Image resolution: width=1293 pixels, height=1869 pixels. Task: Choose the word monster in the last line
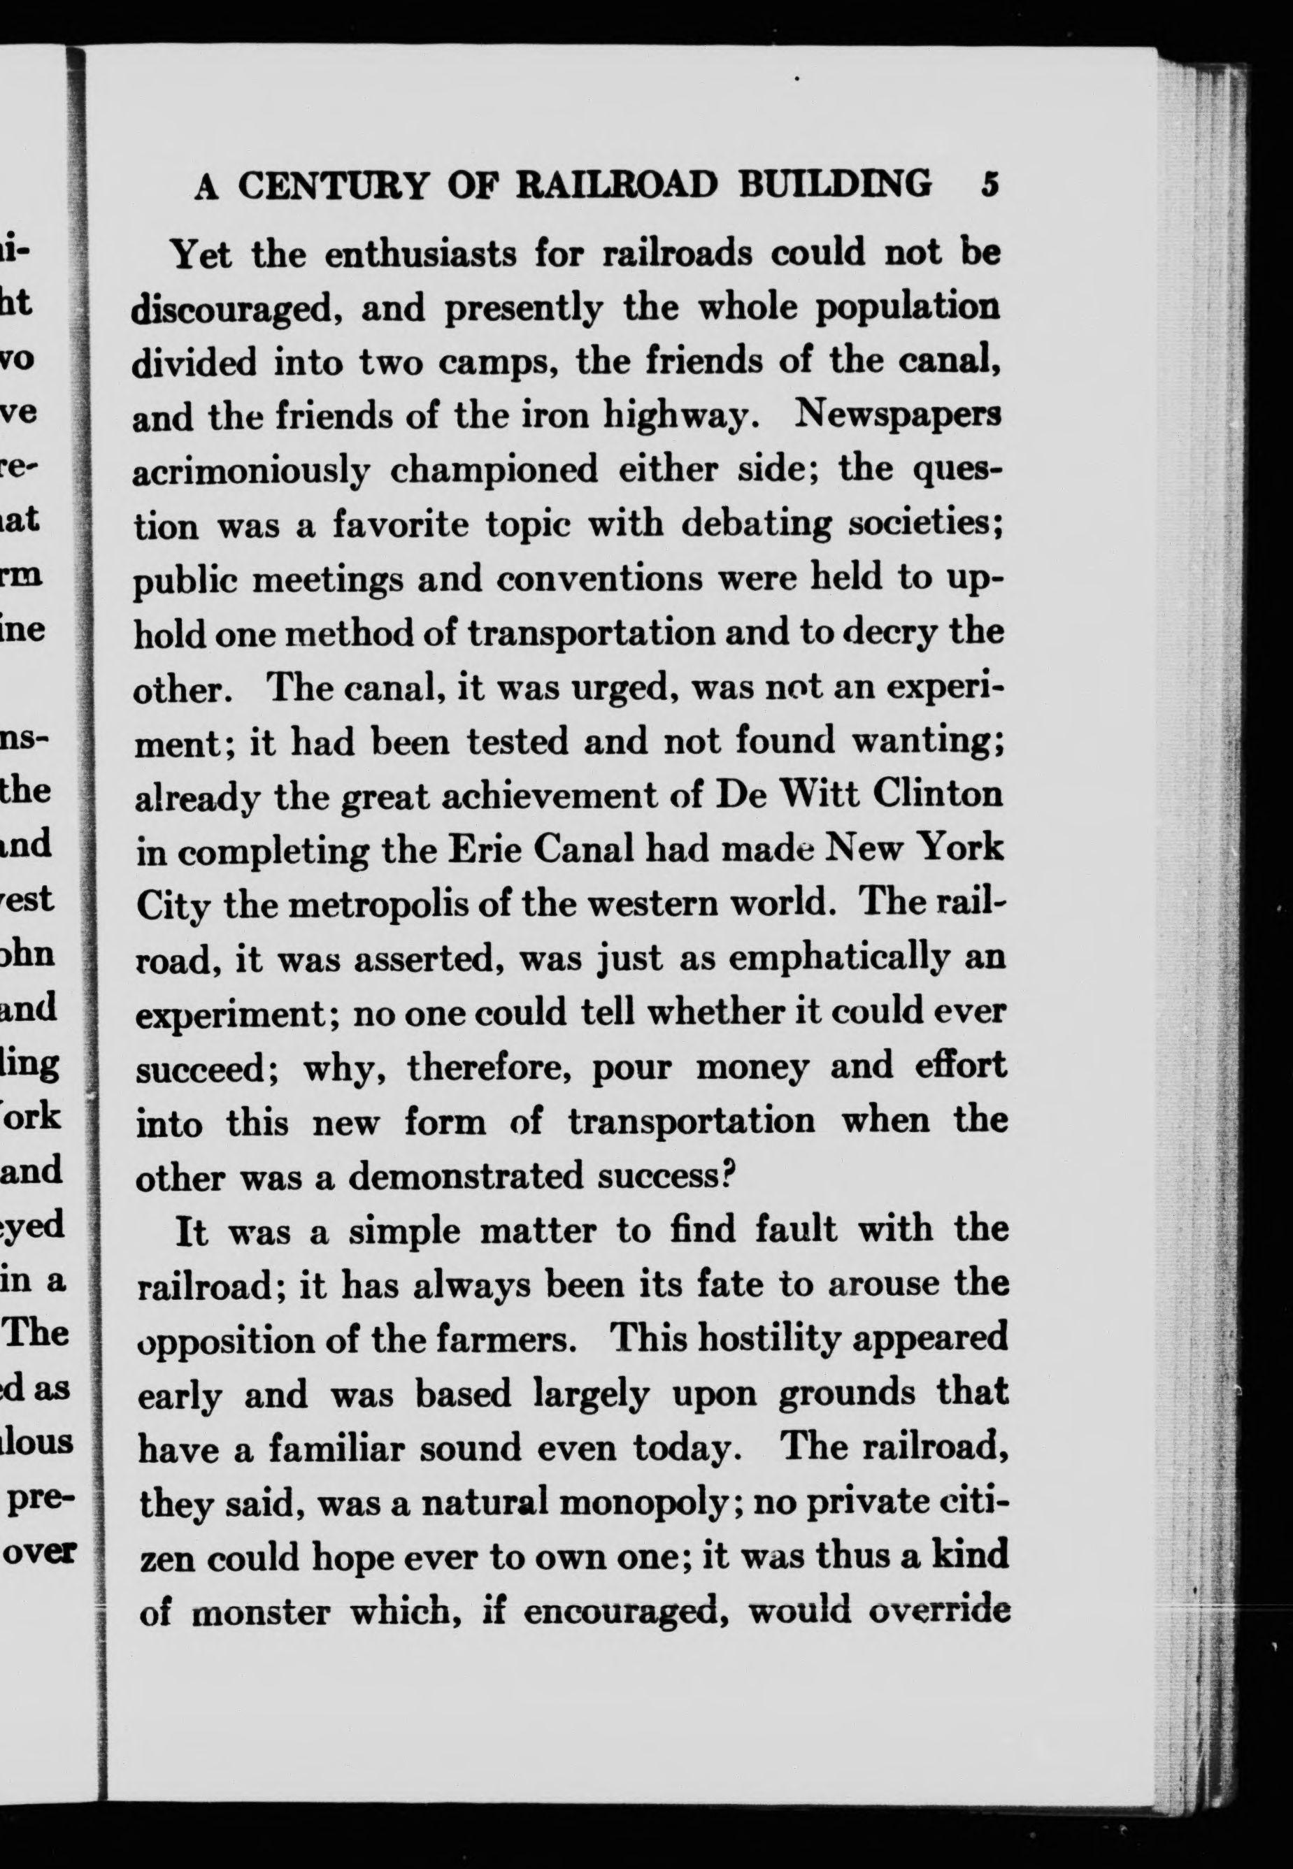point(261,1613)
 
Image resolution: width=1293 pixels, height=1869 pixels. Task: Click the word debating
point(755,525)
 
